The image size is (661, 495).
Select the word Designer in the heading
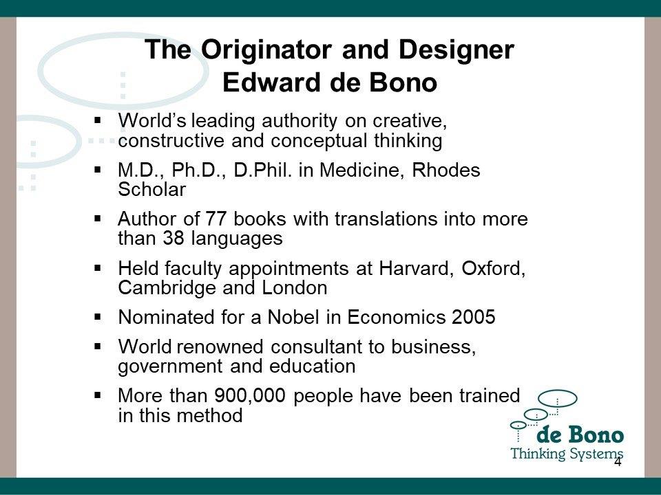[x=456, y=50]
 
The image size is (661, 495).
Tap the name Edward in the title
[x=271, y=82]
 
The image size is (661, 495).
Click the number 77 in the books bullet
[x=216, y=219]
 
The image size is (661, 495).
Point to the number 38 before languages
[x=174, y=239]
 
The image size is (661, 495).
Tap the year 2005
[x=474, y=317]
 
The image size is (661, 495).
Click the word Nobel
[x=294, y=317]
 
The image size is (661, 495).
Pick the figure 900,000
[x=249, y=396]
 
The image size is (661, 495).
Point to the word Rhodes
[x=446, y=170]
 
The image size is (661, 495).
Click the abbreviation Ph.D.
[x=198, y=170]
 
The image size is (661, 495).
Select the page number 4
[x=618, y=462]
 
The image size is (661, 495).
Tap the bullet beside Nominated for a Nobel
[x=98, y=317]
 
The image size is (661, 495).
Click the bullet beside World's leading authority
[x=98, y=120]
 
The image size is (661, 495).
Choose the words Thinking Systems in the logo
[x=567, y=454]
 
